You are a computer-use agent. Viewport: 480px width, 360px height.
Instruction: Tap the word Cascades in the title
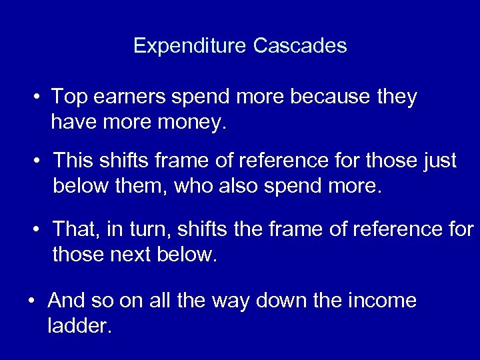pyautogui.click(x=300, y=46)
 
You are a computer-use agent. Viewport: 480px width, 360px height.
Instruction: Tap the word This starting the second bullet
pyautogui.click(x=72, y=161)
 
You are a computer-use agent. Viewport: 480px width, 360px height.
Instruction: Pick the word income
pyautogui.click(x=383, y=301)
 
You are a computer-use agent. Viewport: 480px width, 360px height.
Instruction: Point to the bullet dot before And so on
pyautogui.click(x=31, y=302)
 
